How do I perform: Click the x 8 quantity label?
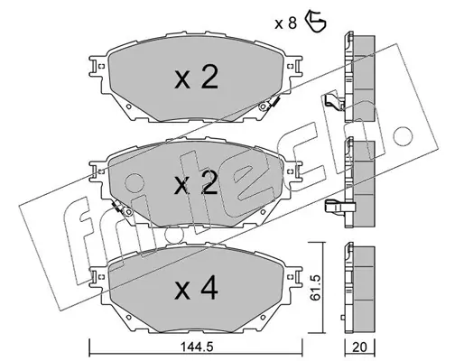click(x=285, y=23)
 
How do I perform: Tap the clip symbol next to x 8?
click(x=315, y=21)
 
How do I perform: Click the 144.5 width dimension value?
click(x=197, y=347)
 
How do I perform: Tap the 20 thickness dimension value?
click(x=360, y=347)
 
